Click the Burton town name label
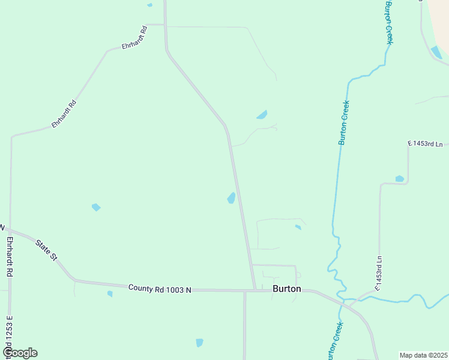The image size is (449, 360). pos(286,288)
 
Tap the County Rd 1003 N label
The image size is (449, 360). pos(159,289)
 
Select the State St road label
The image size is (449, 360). pos(46,250)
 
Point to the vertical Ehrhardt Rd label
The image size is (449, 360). pos(10,256)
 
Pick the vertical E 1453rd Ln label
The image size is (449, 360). pos(379,274)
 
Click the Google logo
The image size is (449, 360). pos(20,353)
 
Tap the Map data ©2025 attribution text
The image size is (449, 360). pos(423,355)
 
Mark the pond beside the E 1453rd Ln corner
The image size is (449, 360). pos(400,178)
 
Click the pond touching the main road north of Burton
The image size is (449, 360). pos(231,197)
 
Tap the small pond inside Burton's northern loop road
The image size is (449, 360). pos(298,227)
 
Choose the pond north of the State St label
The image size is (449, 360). pos(95,207)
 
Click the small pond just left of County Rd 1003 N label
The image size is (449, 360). pos(110,293)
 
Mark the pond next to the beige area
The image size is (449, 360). pos(436,52)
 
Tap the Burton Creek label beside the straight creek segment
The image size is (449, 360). pos(344,122)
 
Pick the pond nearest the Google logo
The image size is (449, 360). pos(199,343)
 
